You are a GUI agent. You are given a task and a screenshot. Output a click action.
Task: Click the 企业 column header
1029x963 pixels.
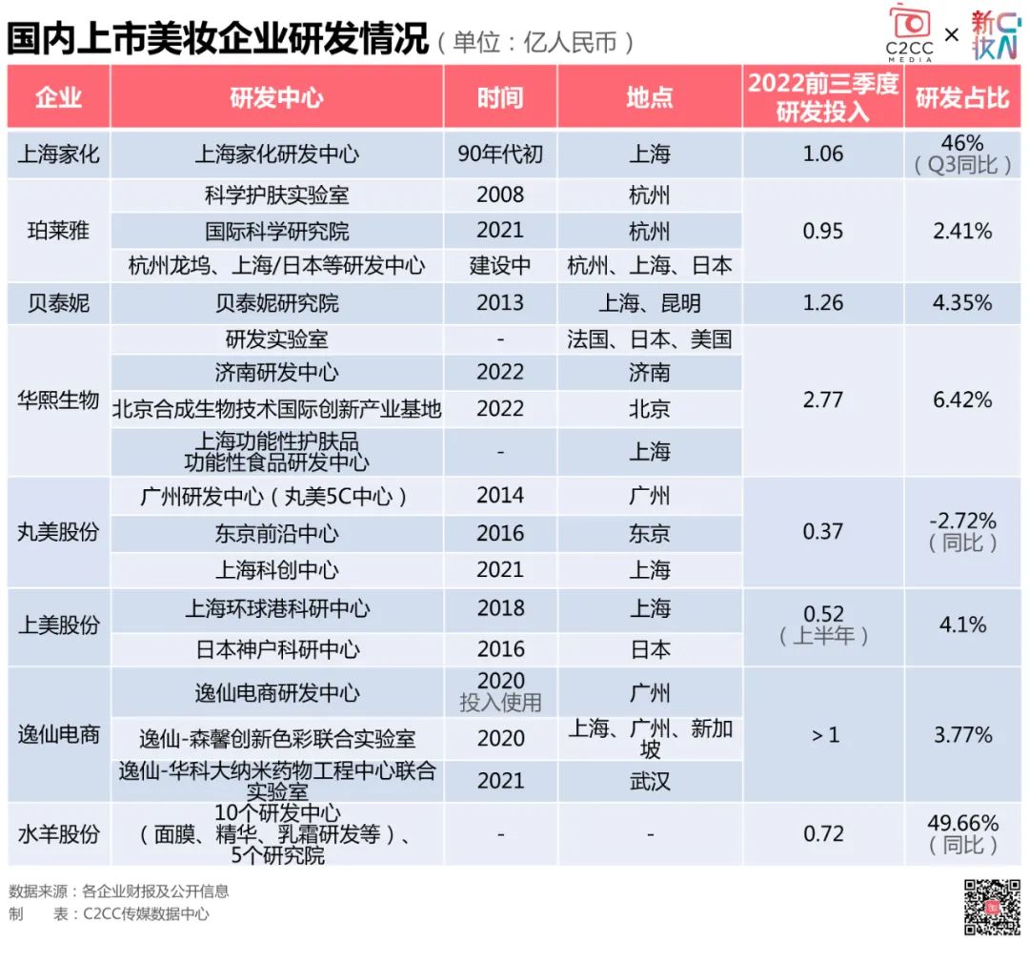(x=58, y=97)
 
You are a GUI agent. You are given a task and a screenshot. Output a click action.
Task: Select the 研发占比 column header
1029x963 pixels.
(x=961, y=97)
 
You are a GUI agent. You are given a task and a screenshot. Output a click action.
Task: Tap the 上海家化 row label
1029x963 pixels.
(x=58, y=154)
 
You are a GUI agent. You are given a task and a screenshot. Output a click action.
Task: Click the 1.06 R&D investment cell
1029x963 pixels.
(x=823, y=154)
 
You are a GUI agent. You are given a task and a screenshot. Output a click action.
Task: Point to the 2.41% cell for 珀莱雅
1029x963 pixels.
(x=961, y=231)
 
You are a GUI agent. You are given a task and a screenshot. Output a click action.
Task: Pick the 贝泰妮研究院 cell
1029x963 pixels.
(x=276, y=303)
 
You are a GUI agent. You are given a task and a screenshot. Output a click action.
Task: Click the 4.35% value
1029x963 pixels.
(x=961, y=303)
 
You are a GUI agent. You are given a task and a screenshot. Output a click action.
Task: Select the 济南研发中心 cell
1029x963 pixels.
(x=276, y=373)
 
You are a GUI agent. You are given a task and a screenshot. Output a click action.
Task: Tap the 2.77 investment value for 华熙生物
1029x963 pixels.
(x=823, y=400)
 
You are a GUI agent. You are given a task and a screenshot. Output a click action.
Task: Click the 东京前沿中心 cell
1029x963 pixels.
(x=276, y=534)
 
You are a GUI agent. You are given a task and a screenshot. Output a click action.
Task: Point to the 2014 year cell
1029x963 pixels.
(x=500, y=496)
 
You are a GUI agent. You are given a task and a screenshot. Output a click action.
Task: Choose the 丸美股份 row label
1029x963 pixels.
(x=58, y=532)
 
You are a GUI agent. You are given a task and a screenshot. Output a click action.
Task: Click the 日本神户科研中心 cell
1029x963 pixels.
(x=276, y=650)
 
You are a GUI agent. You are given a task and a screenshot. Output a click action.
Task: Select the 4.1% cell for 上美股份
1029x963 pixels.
(x=961, y=625)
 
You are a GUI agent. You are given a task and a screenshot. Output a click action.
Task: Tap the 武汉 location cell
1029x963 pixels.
(x=650, y=782)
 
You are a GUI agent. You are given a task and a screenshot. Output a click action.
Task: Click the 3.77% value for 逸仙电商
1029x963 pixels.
(x=961, y=735)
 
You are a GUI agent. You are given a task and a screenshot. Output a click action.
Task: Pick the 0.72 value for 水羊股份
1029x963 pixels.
(x=823, y=834)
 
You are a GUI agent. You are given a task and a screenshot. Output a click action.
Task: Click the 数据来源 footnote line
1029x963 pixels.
(x=119, y=891)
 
